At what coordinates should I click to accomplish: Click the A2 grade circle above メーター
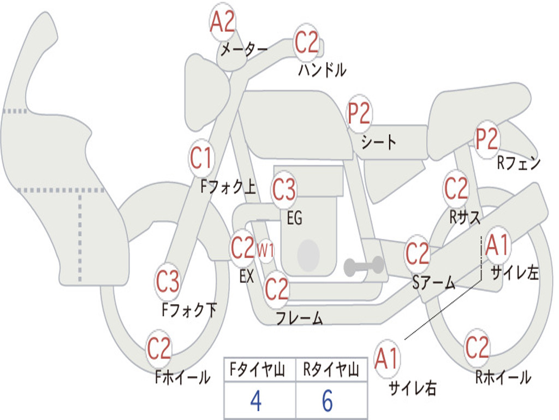tap(223, 22)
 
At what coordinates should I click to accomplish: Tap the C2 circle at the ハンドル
tap(306, 43)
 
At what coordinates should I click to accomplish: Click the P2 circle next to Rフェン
tap(486, 139)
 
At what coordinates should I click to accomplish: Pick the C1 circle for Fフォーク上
tap(201, 159)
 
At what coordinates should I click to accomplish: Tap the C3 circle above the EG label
tap(284, 190)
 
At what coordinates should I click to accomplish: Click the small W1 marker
tap(265, 250)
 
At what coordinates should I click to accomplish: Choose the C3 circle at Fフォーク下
tap(168, 282)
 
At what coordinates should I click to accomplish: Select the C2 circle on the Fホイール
tap(159, 349)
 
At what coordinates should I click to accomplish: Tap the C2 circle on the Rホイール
tap(477, 348)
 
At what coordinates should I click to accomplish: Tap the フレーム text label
tap(299, 318)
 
